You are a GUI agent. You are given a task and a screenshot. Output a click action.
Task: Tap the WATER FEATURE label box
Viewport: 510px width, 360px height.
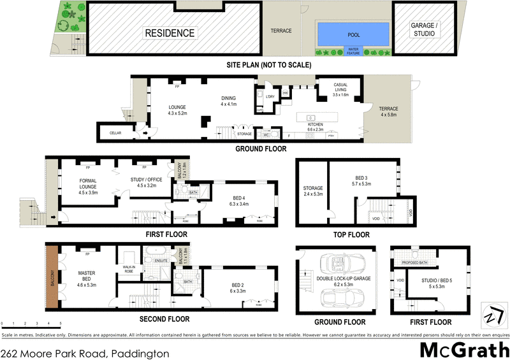point(353,52)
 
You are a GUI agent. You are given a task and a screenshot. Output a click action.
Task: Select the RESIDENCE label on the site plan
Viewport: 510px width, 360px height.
point(169,32)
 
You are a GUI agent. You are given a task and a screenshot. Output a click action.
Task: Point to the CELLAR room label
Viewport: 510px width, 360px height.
point(115,133)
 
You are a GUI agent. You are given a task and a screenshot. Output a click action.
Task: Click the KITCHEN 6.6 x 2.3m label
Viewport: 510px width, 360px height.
point(314,126)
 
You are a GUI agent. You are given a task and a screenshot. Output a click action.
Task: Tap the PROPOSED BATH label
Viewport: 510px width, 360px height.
point(414,263)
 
